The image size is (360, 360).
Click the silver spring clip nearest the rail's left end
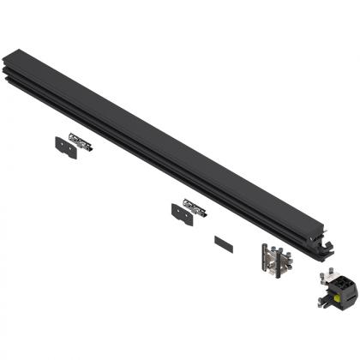point(81,145)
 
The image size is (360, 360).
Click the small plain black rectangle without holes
point(223,243)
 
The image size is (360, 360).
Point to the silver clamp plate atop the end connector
point(331,278)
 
